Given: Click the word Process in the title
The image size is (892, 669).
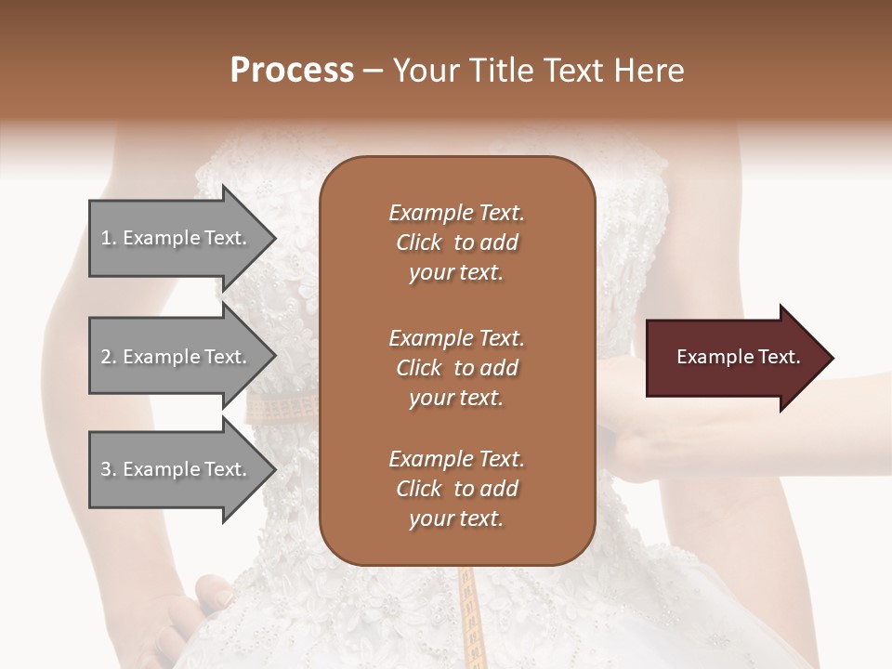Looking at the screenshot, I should [292, 71].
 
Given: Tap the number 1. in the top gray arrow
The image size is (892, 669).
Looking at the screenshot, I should [109, 238].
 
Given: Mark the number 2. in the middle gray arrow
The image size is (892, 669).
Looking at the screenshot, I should [109, 357].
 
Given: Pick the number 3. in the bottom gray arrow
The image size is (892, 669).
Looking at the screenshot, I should [109, 469].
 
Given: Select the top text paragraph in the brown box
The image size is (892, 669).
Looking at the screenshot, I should [456, 243].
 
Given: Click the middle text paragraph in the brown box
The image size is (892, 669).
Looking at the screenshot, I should [456, 367].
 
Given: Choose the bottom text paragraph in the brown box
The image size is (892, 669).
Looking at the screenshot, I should [456, 489].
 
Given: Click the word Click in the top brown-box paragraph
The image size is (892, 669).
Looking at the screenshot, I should [418, 243].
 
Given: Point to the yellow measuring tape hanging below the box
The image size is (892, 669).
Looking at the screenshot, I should [470, 613].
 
